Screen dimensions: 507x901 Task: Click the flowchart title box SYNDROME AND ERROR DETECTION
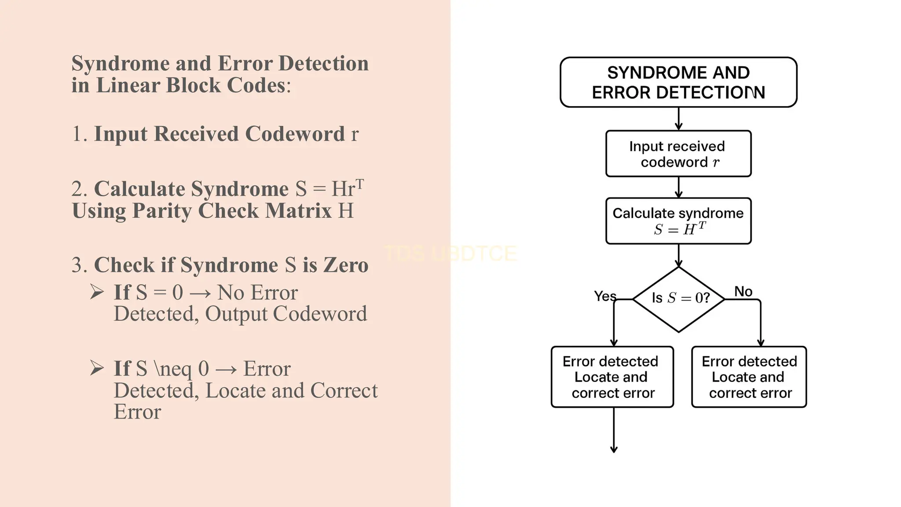tap(678, 82)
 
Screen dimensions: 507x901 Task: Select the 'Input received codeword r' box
tap(678, 154)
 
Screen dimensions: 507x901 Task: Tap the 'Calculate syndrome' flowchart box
tap(678, 221)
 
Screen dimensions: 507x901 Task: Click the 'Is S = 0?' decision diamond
tap(679, 299)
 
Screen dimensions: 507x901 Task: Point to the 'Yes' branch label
tap(605, 296)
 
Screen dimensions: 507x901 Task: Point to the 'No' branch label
tap(743, 291)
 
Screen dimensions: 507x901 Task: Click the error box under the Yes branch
tap(612, 377)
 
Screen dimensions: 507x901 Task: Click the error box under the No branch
tap(749, 377)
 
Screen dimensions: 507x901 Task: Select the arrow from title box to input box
tap(678, 118)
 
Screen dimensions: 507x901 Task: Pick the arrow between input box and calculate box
tap(678, 187)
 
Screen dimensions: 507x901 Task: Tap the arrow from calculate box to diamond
tap(678, 255)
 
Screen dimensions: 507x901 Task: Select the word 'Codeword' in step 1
tap(295, 134)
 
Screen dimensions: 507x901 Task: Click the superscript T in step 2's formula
tap(360, 183)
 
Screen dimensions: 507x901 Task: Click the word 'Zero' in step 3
tap(346, 265)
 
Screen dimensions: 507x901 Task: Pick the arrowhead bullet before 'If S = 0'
tap(97, 292)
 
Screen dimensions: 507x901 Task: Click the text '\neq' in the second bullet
tap(173, 369)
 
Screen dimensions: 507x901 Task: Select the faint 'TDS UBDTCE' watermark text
tap(450, 253)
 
